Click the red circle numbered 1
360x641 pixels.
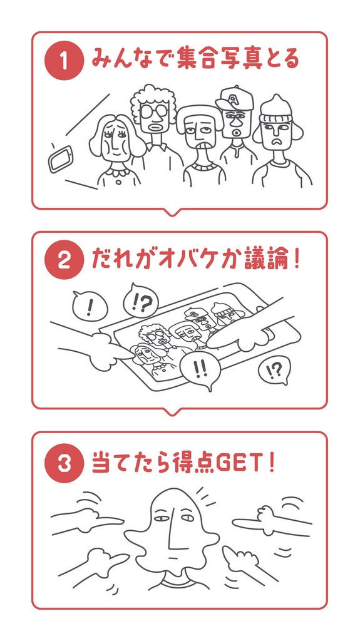(63, 61)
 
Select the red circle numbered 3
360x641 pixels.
(63, 464)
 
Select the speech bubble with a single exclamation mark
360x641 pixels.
(90, 306)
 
